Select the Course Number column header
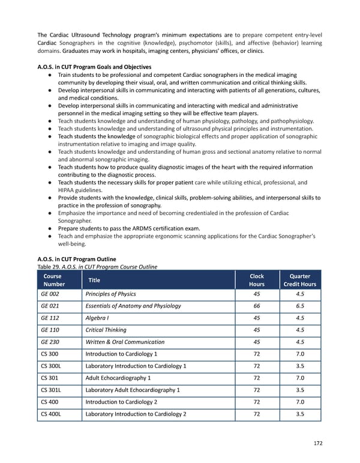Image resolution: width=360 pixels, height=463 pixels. click(52, 280)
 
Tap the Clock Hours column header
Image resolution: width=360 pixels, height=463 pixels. click(257, 280)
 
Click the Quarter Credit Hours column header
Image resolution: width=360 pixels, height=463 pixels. click(300, 280)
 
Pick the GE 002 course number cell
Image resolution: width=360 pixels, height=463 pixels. click(49, 294)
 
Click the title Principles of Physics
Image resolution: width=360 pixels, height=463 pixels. click(111, 294)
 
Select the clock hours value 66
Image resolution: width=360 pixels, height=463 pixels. click(257, 306)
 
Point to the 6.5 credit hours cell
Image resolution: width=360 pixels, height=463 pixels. click(300, 306)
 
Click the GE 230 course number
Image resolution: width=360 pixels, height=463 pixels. click(49, 342)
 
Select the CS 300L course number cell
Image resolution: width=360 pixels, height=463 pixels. click(51, 366)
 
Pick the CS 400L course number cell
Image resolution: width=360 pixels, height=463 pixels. click(51, 414)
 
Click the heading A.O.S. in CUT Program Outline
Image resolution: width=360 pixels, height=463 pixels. click(77, 259)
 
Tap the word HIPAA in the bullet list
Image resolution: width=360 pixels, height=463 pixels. click(68, 190)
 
